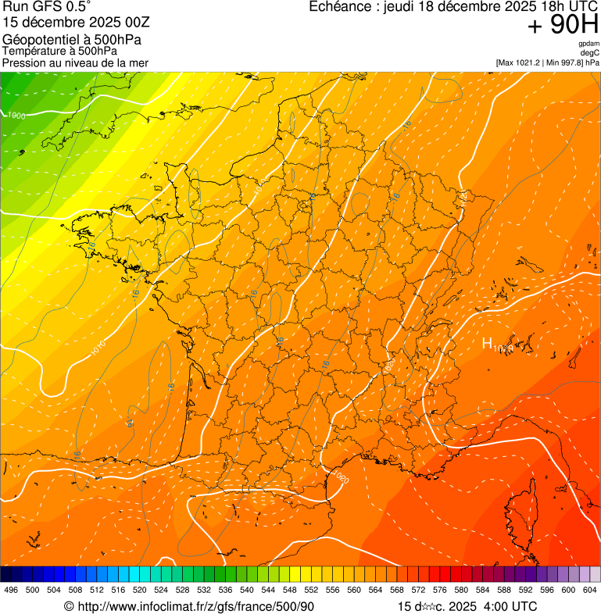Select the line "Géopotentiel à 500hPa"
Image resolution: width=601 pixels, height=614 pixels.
click(x=72, y=40)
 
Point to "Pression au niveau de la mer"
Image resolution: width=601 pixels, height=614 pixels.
click(x=75, y=62)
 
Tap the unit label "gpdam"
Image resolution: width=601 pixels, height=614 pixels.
click(x=588, y=44)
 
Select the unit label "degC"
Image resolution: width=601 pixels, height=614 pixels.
click(x=590, y=52)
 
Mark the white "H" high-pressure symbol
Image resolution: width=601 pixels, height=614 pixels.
click(x=486, y=343)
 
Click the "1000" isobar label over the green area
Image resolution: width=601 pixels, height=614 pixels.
click(x=15, y=116)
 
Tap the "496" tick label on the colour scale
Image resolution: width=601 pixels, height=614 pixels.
click(x=11, y=590)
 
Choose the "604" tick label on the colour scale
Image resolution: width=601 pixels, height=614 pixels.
click(x=590, y=590)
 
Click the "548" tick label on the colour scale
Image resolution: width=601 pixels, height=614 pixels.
click(x=289, y=590)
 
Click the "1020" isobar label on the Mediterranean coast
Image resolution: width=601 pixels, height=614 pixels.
click(x=341, y=477)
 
